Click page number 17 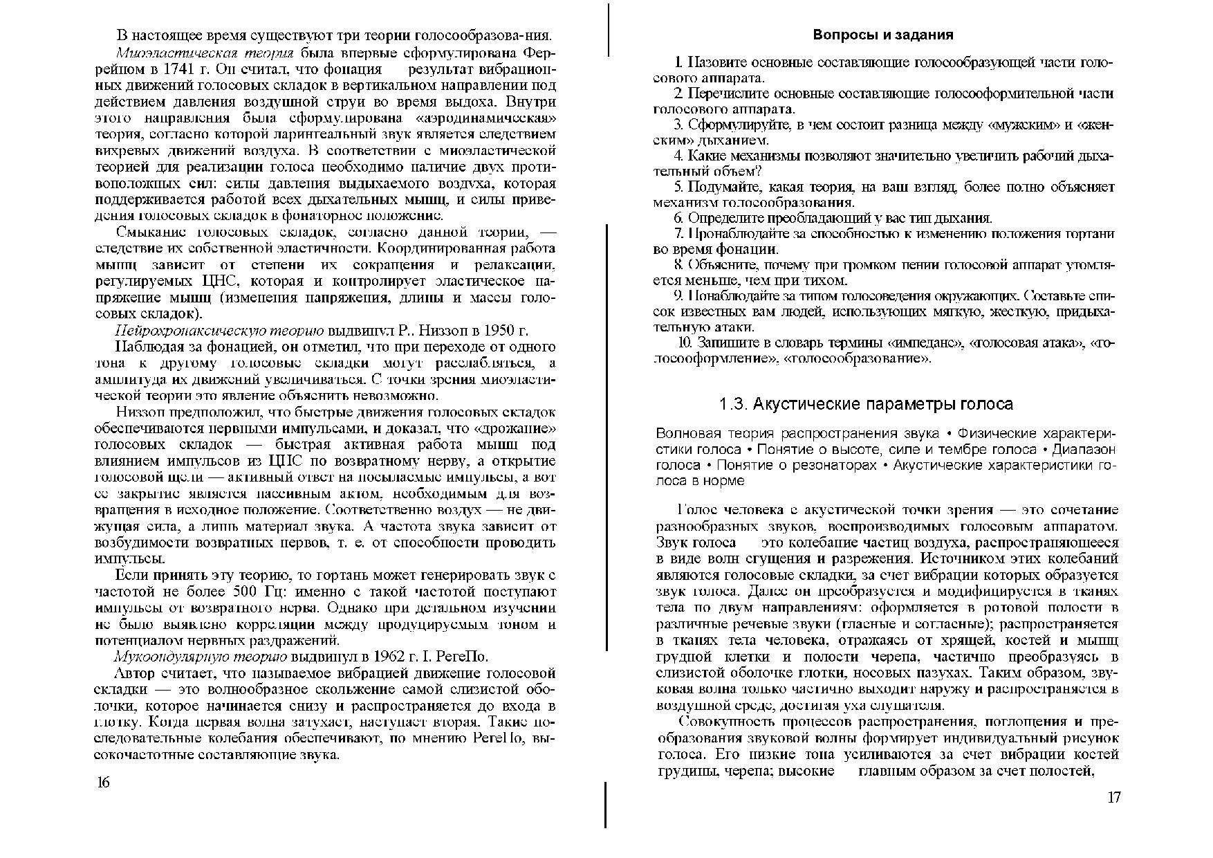tap(1113, 798)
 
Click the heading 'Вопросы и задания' tap(883, 35)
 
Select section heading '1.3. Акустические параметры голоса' tap(866, 404)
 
